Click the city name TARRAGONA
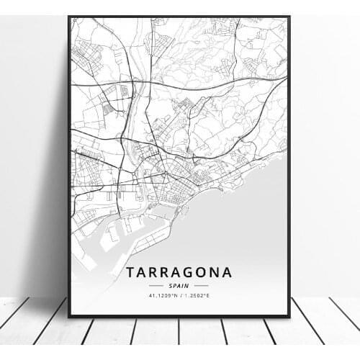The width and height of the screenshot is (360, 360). (179, 272)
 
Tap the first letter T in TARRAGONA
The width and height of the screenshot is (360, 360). (130, 272)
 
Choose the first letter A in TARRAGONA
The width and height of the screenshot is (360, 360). (142, 272)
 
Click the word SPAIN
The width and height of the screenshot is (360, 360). (179, 286)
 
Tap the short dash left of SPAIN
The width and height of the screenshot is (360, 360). (158, 286)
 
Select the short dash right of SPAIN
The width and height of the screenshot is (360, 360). (201, 286)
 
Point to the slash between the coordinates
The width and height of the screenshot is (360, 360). (180, 295)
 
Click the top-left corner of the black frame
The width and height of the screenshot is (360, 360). (69, 17)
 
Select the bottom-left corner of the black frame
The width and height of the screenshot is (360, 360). (69, 316)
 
